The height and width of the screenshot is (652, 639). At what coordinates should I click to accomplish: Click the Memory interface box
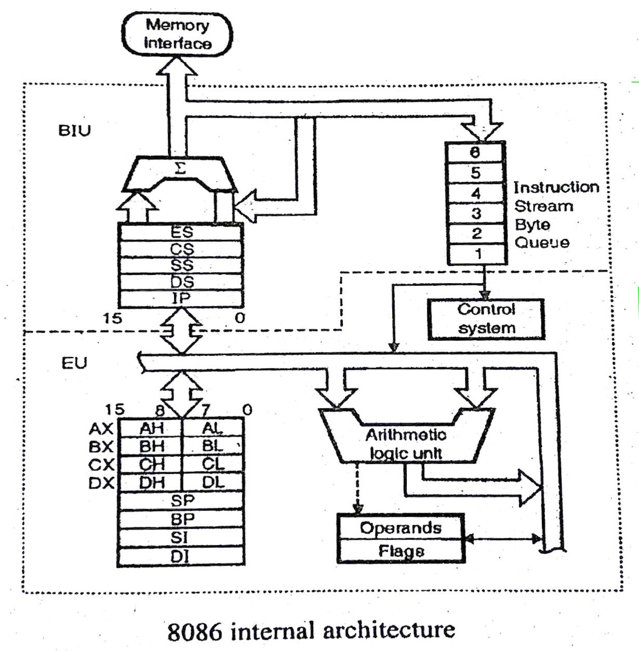coord(177,34)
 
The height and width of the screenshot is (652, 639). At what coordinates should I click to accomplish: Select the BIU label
coord(74,130)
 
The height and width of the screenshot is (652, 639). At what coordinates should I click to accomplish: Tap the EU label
coord(74,363)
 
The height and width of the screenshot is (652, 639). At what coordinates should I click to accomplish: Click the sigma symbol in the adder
coord(180,168)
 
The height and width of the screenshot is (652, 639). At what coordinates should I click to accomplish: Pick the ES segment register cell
coord(181,232)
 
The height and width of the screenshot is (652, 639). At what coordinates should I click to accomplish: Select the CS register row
coord(181,249)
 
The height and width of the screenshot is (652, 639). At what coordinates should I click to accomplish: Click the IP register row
coord(181,298)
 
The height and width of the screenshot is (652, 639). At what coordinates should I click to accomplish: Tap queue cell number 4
coord(476,193)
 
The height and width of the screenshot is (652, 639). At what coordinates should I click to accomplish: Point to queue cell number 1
coord(477,254)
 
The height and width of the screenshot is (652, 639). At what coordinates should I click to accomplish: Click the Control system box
coord(486,319)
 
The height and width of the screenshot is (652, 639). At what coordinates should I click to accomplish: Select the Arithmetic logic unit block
coord(406,443)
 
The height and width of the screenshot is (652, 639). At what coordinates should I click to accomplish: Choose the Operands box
coord(401,528)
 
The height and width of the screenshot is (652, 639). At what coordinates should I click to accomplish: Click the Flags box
coord(401,551)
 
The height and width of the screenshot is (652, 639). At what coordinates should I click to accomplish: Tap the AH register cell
coord(151,428)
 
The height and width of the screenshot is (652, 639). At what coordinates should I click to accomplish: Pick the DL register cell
coord(213,482)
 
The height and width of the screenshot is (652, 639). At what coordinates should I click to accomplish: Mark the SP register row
coord(182,500)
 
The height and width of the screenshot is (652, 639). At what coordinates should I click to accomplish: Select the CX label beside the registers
coord(101,464)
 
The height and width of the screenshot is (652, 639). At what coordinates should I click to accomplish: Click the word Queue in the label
coord(541,243)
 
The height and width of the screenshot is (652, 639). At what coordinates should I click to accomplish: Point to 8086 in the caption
coord(194,631)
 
